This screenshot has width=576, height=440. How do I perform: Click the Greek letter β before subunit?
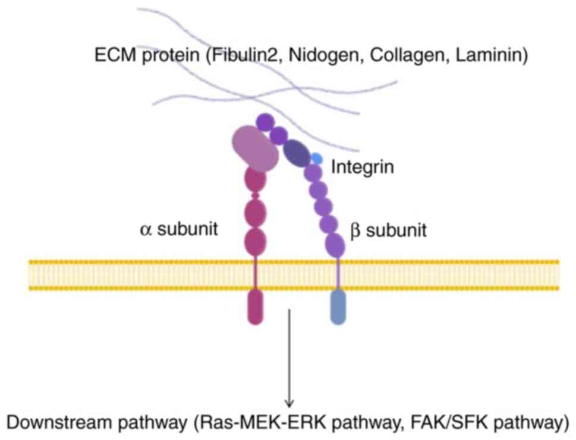pyautogui.click(x=355, y=230)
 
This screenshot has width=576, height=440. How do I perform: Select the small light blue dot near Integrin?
pyautogui.click(x=316, y=159)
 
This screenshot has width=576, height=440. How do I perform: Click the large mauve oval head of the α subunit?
pyautogui.click(x=256, y=148)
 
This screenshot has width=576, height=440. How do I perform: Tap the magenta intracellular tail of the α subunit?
pyautogui.click(x=255, y=306)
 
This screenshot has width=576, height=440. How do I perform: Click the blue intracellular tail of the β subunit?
pyautogui.click(x=338, y=306)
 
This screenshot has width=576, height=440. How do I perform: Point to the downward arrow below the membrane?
pyautogui.click(x=289, y=356)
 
